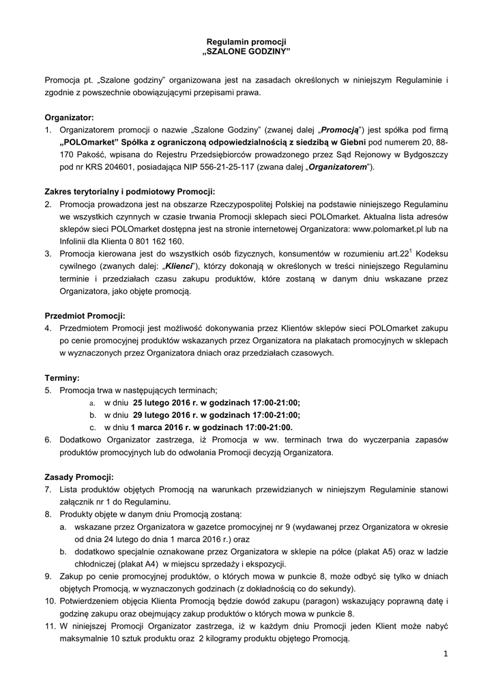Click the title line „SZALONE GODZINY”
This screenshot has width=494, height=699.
[247, 52]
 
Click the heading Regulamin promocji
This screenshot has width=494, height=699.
[247, 42]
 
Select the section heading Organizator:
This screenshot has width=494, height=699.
[70, 117]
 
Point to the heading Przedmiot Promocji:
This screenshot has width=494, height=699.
[85, 316]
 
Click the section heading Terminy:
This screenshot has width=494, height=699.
[62, 377]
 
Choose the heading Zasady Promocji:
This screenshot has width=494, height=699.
[79, 476]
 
